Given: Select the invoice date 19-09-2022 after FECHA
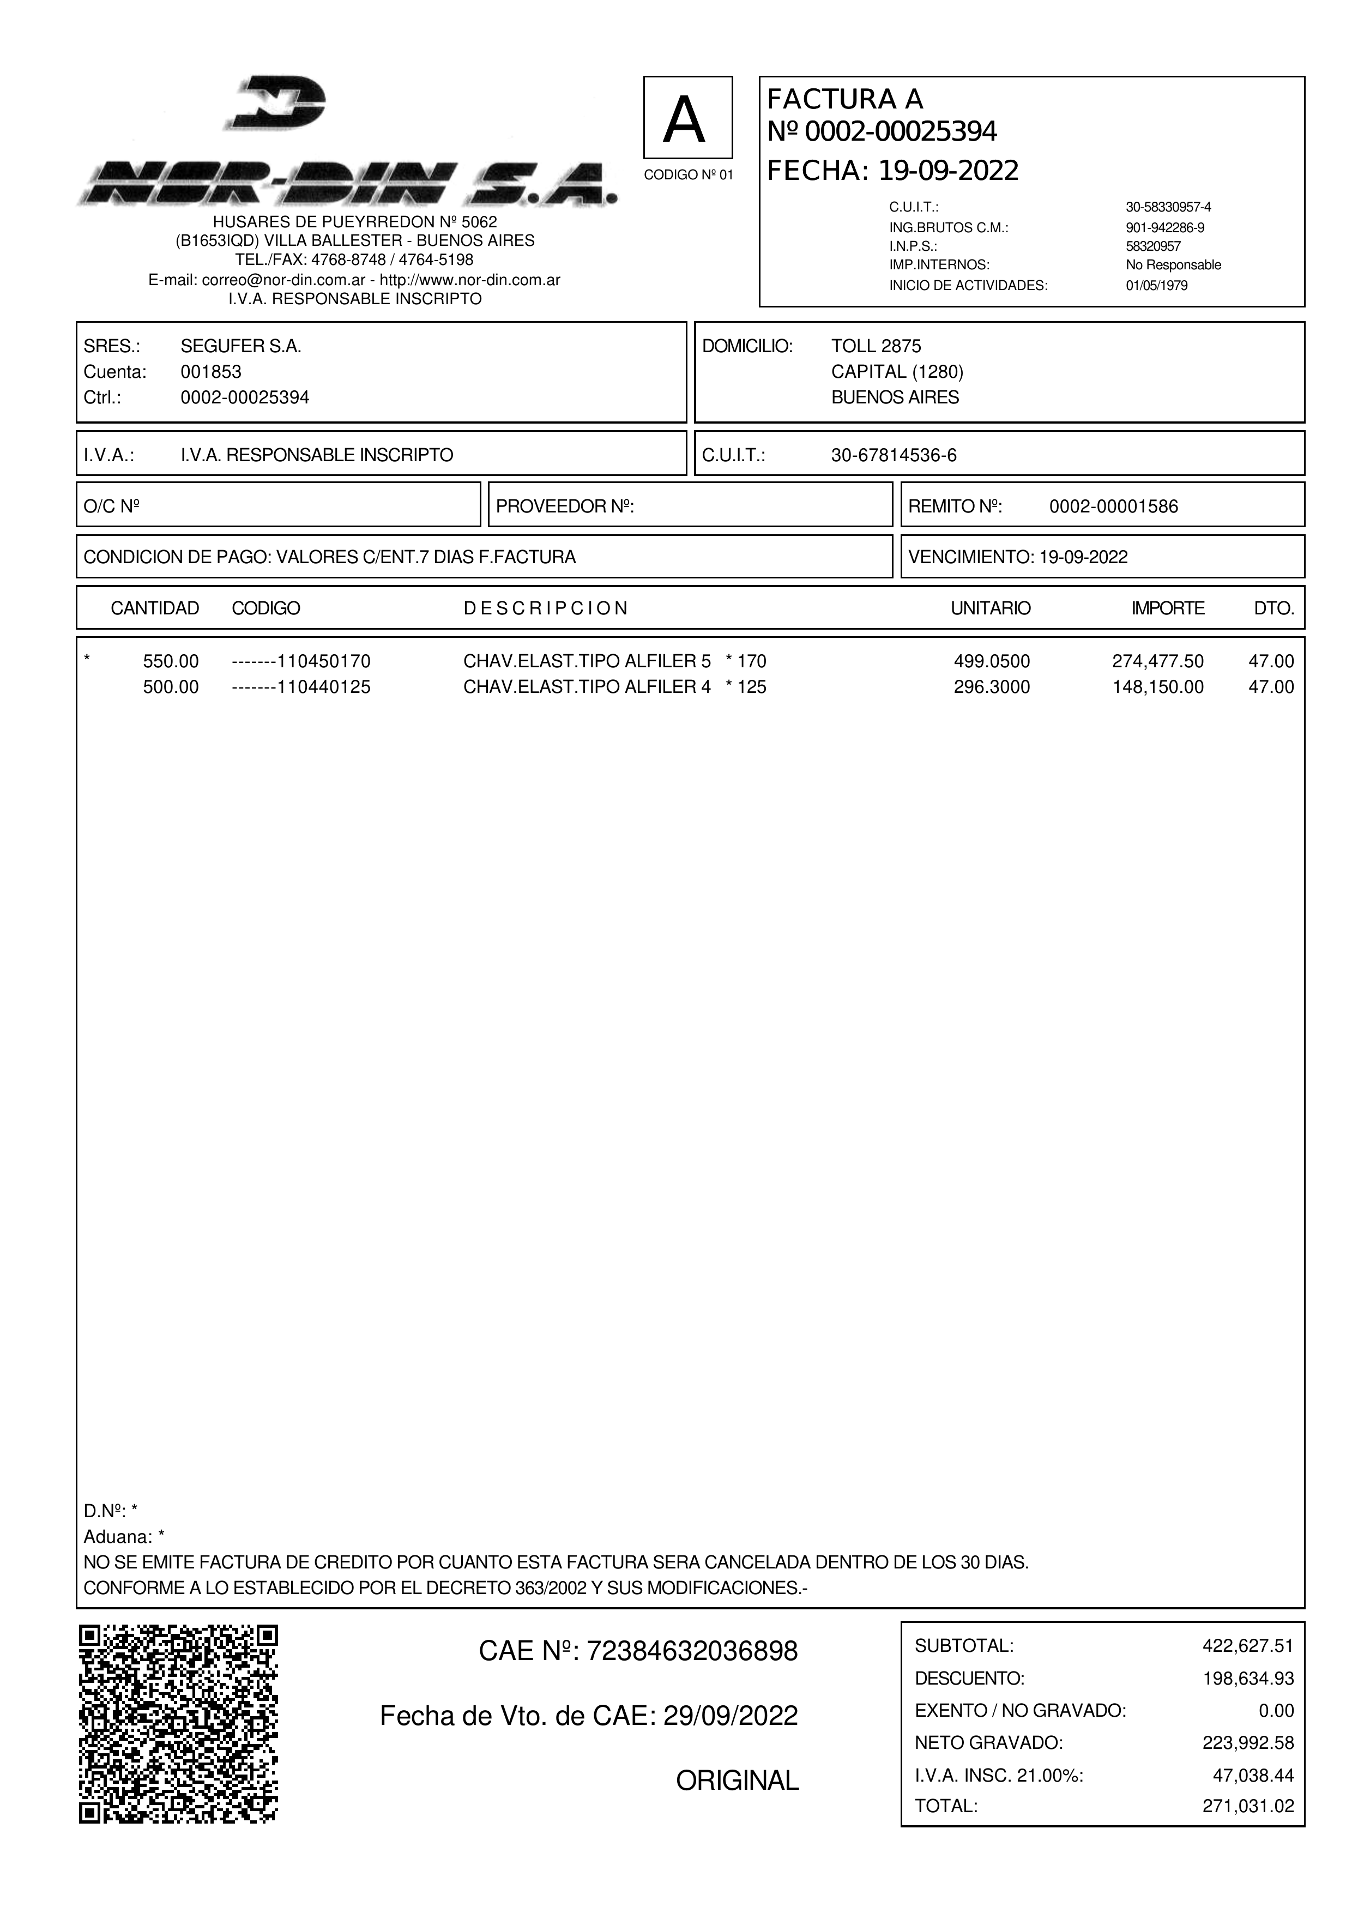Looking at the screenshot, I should (948, 171).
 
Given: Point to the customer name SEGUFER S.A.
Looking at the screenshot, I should (241, 347).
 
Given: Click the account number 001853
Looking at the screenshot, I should (211, 372).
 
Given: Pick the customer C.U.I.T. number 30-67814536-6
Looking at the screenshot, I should (894, 455).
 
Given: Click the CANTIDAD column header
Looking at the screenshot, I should (155, 608).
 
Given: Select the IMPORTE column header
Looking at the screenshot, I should (1167, 608).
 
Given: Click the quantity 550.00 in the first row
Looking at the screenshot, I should (171, 661).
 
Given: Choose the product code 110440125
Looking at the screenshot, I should (323, 687).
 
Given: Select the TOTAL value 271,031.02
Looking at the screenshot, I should (1247, 1806).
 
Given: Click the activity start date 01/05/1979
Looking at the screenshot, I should (1156, 286).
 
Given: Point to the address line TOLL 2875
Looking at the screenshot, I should (876, 347).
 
